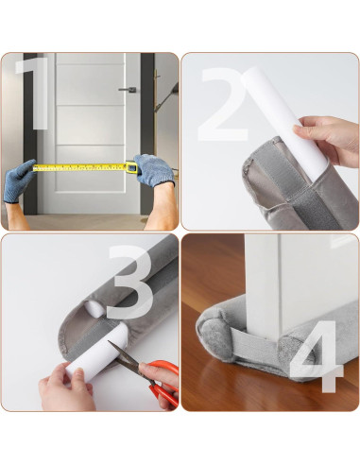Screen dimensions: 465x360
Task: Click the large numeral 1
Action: [x=36, y=95]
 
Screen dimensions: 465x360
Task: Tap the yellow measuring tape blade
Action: [x=80, y=167]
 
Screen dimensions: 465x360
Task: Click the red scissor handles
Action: [x=163, y=378]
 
